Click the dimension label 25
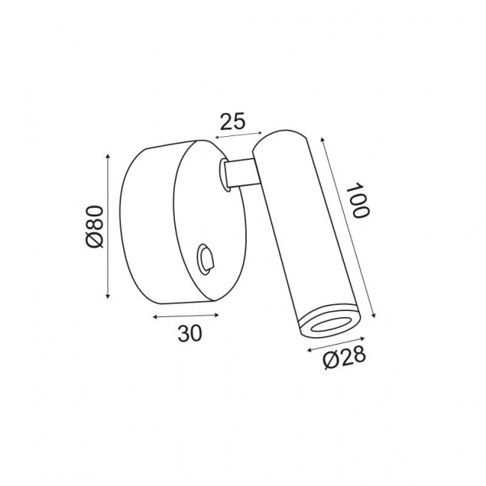tap(233, 121)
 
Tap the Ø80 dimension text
tap(94, 227)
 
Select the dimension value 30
tap(190, 333)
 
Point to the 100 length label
tap(357, 200)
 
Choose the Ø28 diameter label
tap(345, 358)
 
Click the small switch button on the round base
tap(205, 259)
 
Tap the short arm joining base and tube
tap(242, 173)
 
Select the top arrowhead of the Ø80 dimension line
tap(108, 156)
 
